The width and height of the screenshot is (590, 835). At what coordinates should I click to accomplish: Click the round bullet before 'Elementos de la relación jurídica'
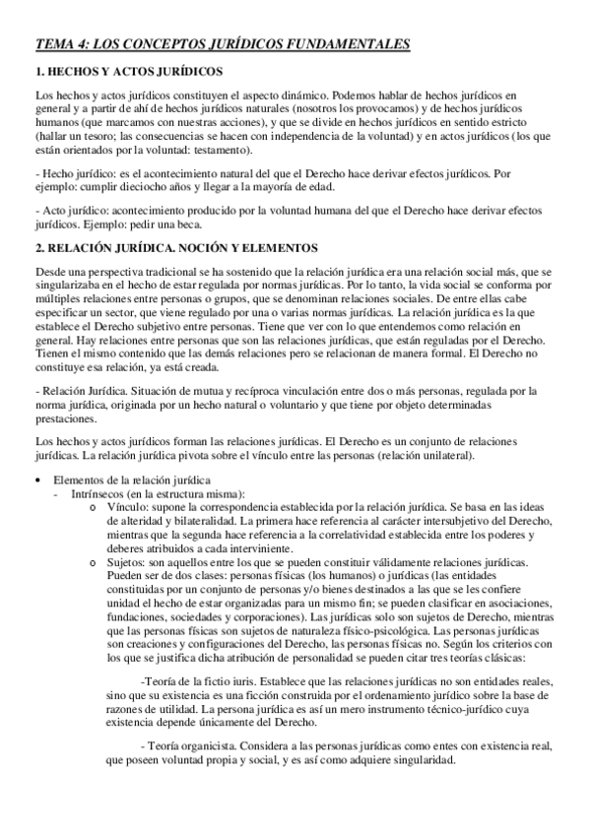38,480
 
